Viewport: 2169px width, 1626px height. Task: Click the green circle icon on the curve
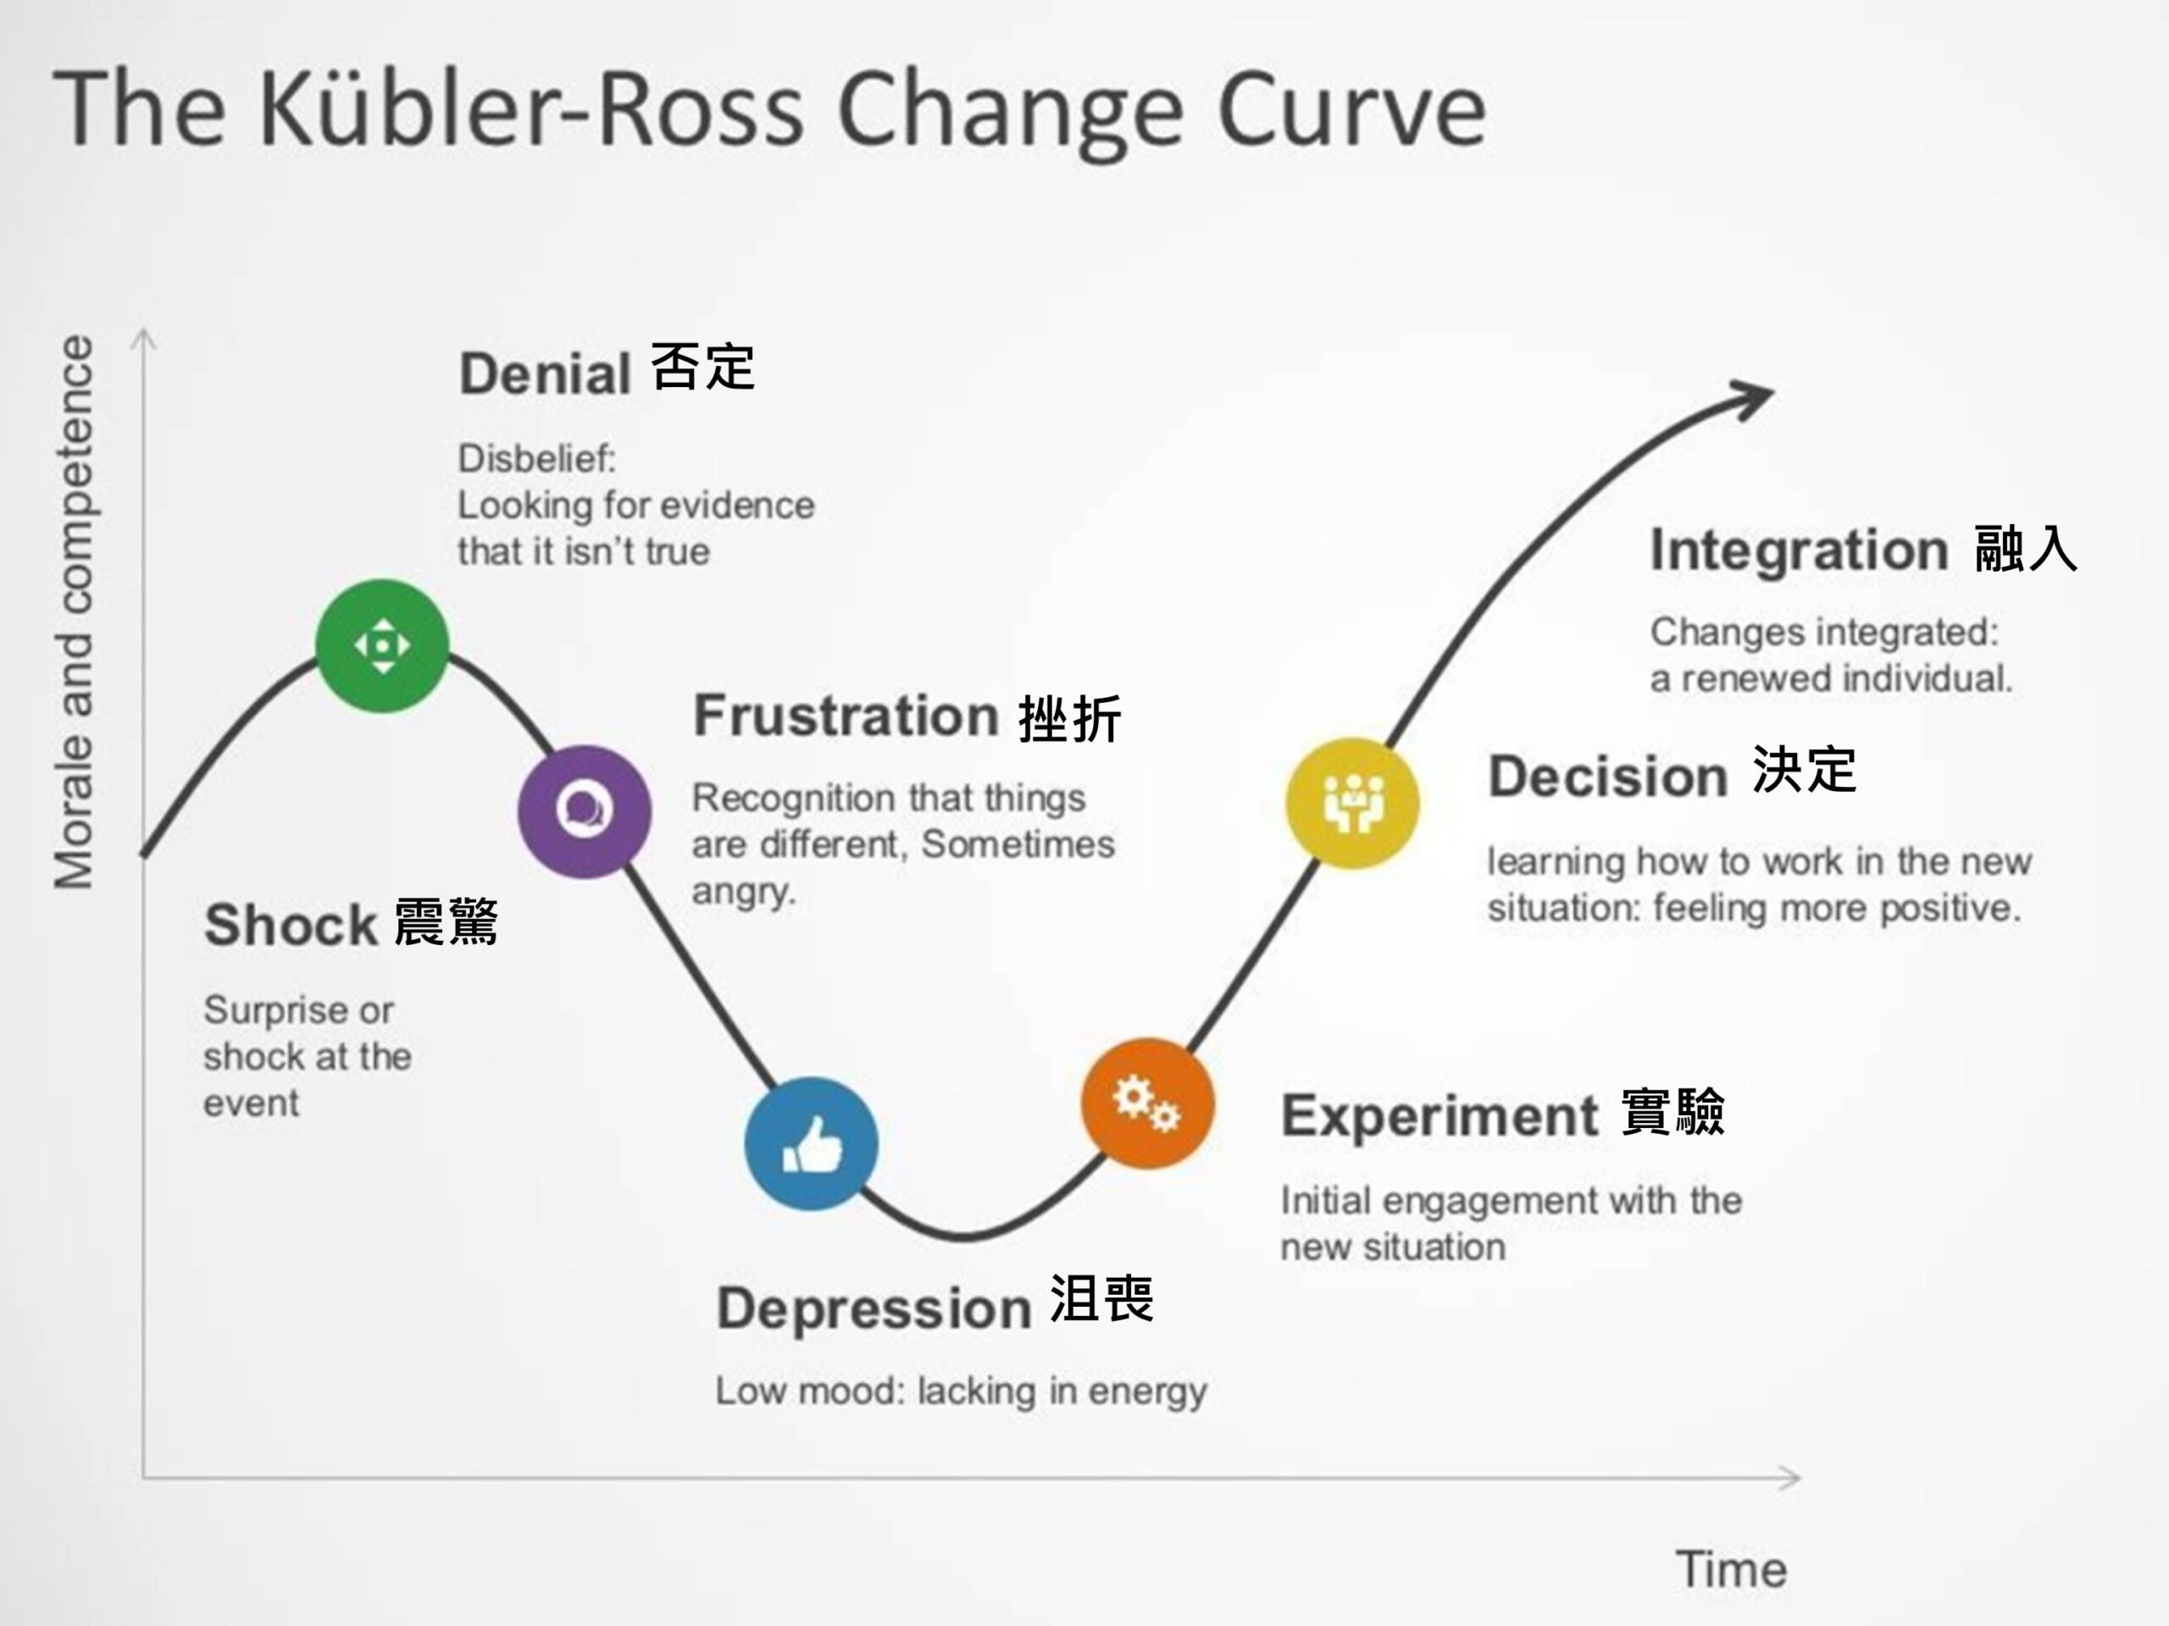pos(381,645)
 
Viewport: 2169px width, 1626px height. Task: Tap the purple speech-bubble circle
pos(585,810)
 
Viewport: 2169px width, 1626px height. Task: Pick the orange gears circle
pos(1147,1103)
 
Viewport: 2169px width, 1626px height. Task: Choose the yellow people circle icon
pos(1352,803)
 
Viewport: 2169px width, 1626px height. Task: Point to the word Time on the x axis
pos(1731,1569)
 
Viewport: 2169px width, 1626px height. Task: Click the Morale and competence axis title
pos(75,612)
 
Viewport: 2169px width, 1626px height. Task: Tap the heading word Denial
pos(544,374)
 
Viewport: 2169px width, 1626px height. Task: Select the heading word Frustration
pos(846,715)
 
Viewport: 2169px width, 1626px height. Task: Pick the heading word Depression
pos(873,1308)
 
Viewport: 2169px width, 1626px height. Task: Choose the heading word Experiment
pos(1440,1115)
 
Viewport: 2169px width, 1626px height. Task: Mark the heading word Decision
pos(1607,777)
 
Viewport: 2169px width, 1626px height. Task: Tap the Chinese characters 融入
pos(2025,549)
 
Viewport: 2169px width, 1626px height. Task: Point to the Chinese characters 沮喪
pos(1101,1300)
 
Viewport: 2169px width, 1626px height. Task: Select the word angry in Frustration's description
pos(741,893)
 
